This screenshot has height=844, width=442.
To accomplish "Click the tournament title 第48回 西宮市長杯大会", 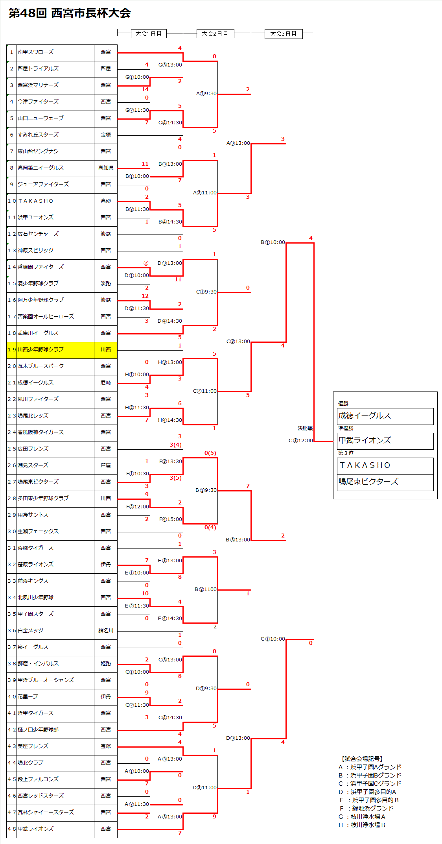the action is [x=70, y=13].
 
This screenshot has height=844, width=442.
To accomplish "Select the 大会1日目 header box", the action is [x=149, y=34].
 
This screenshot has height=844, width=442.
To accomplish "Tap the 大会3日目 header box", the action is [x=283, y=34].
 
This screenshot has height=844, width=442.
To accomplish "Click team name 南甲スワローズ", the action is [x=36, y=52].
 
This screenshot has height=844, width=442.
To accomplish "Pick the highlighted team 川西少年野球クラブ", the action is [x=41, y=349].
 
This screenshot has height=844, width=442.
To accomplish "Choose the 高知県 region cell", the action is [x=106, y=168].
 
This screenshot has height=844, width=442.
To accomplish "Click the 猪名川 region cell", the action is [x=106, y=630].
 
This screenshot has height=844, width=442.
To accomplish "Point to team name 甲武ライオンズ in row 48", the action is [x=36, y=829].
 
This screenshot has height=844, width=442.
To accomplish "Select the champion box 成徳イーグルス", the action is [x=385, y=416].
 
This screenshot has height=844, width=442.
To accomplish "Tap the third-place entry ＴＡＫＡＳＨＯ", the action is [x=385, y=465].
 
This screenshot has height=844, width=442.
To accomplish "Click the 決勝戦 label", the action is [x=305, y=428].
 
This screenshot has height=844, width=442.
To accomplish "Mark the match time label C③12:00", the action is [x=301, y=440].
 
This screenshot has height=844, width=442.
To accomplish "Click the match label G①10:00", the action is [x=137, y=77].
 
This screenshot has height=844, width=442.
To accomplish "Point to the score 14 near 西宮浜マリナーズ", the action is [x=145, y=89].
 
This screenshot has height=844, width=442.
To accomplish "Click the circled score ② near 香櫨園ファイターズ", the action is [x=146, y=263].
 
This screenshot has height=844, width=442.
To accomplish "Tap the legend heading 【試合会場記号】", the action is [x=361, y=759].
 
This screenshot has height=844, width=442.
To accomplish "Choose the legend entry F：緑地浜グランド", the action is [x=366, y=808].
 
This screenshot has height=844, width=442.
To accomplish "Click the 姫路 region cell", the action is [x=106, y=663].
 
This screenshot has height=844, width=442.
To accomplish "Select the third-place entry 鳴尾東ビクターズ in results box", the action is [x=385, y=482].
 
